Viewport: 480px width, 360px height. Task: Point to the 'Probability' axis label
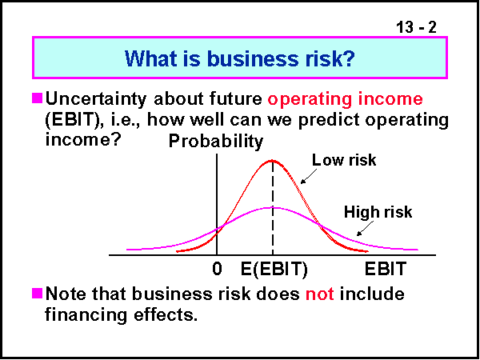coord(215,142)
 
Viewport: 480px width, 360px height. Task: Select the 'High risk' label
coord(378,212)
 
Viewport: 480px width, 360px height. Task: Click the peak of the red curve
coord(272,160)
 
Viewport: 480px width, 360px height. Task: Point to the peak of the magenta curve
coord(272,207)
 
